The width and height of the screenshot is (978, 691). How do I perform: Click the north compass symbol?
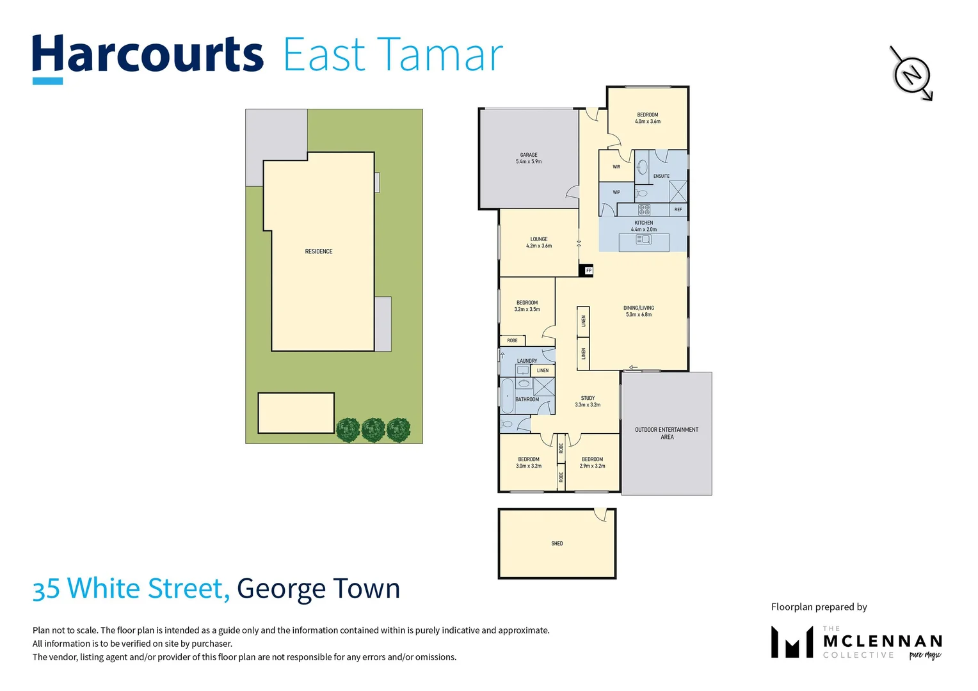pyautogui.click(x=911, y=73)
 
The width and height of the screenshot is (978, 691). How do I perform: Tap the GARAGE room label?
pyautogui.click(x=529, y=158)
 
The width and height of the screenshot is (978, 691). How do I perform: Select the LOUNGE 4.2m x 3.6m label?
pyautogui.click(x=539, y=242)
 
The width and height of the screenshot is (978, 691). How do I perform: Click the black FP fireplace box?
pyautogui.click(x=586, y=271)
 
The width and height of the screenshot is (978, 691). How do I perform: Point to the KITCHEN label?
pyautogui.click(x=643, y=223)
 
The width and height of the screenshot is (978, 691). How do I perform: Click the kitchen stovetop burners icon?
pyautogui.click(x=644, y=209)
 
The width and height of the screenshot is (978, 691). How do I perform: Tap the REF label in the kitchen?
pyautogui.click(x=678, y=209)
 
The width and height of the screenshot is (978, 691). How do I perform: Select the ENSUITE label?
pyautogui.click(x=661, y=176)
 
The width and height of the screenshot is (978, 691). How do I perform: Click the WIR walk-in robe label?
pyautogui.click(x=616, y=167)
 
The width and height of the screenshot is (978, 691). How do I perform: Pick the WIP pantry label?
pyautogui.click(x=616, y=192)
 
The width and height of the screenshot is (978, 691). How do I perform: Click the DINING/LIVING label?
pyautogui.click(x=639, y=311)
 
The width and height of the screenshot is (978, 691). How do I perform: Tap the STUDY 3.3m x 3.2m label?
pyautogui.click(x=588, y=401)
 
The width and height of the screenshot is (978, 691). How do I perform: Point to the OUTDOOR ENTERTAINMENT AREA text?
pyautogui.click(x=666, y=433)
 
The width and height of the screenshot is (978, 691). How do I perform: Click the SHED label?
pyautogui.click(x=557, y=543)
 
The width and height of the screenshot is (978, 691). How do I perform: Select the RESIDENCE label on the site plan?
pyautogui.click(x=319, y=251)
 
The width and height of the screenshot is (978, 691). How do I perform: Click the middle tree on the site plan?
pyautogui.click(x=373, y=430)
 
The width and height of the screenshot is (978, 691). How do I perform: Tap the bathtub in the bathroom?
pyautogui.click(x=508, y=397)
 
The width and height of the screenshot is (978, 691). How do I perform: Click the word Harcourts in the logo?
pyautogui.click(x=148, y=56)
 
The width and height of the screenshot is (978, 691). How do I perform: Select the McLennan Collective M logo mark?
pyautogui.click(x=792, y=642)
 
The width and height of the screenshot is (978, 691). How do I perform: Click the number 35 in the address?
pyautogui.click(x=46, y=589)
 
